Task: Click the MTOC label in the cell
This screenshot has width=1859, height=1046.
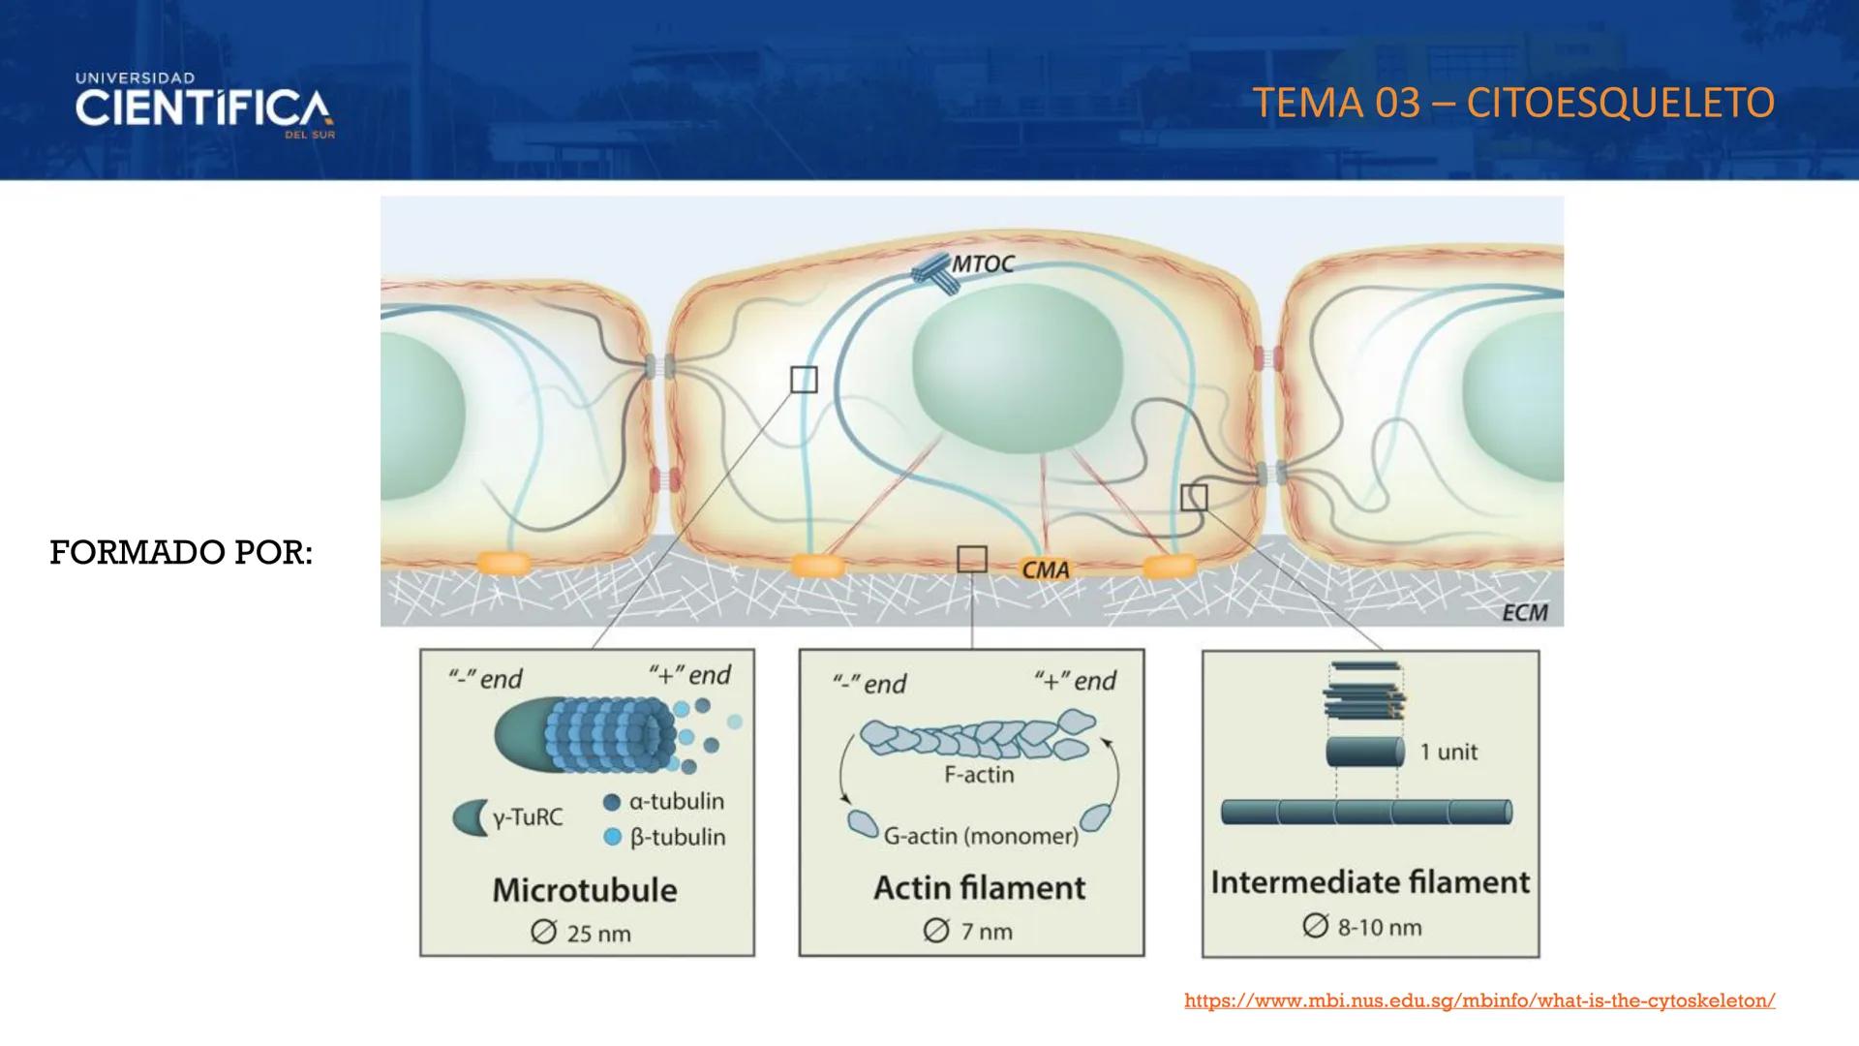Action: tap(983, 263)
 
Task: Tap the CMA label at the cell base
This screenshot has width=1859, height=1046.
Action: tap(1046, 569)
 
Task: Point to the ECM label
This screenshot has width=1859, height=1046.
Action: tap(1524, 612)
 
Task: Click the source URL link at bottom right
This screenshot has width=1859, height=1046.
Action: tap(1479, 1000)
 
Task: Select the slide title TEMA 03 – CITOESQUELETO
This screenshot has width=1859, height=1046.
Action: tap(1512, 103)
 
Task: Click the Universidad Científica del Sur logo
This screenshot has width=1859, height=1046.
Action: tap(203, 106)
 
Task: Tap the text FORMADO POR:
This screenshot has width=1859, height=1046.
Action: tap(181, 552)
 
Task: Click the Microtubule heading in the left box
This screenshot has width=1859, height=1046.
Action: tap(585, 890)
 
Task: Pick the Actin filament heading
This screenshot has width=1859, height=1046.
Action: tap(979, 887)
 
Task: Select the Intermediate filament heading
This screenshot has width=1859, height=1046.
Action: tap(1370, 882)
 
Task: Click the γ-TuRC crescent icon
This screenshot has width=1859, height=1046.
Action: tap(470, 818)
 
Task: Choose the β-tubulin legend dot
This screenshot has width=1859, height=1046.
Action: tap(612, 837)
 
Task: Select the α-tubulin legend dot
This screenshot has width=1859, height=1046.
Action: tap(612, 802)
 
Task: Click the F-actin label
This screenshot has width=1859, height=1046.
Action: tap(979, 775)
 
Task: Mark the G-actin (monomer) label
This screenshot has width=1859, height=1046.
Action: tap(981, 836)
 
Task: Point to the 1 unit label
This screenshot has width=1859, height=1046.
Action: tap(1448, 753)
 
